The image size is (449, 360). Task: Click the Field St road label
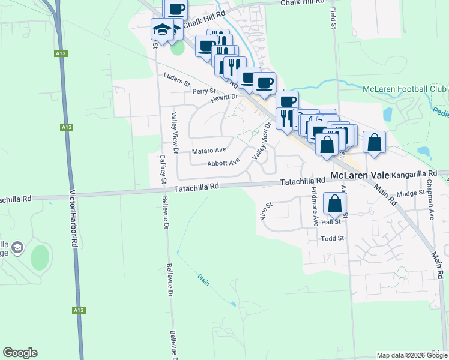tap(333, 19)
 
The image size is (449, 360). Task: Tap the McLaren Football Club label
tap(405, 89)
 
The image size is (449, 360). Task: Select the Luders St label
tap(176, 80)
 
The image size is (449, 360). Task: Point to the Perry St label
tap(204, 91)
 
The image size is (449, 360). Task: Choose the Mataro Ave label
tap(208, 150)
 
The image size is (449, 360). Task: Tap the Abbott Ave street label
tap(223, 162)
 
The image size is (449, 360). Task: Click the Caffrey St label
tap(163, 169)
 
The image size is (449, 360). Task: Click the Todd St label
tap(332, 238)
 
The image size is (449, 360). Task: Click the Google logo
tap(20, 353)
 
